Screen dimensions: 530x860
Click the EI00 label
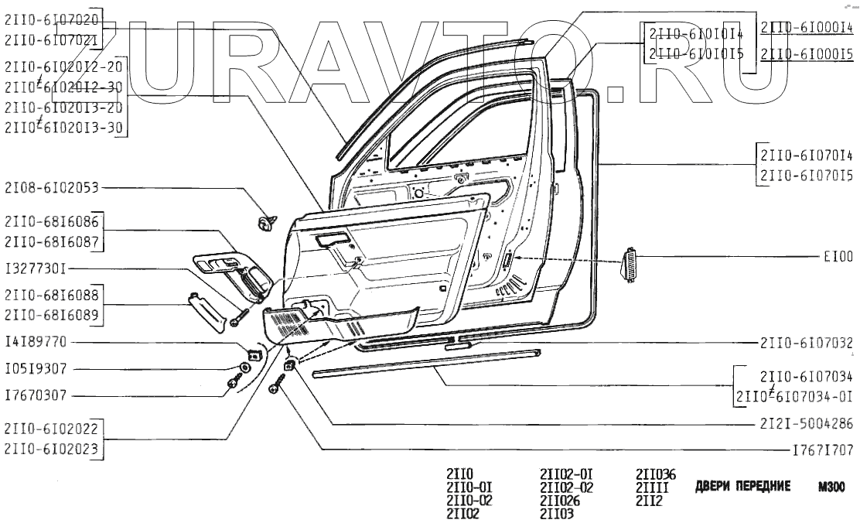pos(838,255)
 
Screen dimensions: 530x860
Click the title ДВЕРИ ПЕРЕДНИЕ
pos(743,487)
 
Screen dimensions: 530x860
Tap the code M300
pos(829,487)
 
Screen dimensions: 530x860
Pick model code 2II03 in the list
pos(556,512)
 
